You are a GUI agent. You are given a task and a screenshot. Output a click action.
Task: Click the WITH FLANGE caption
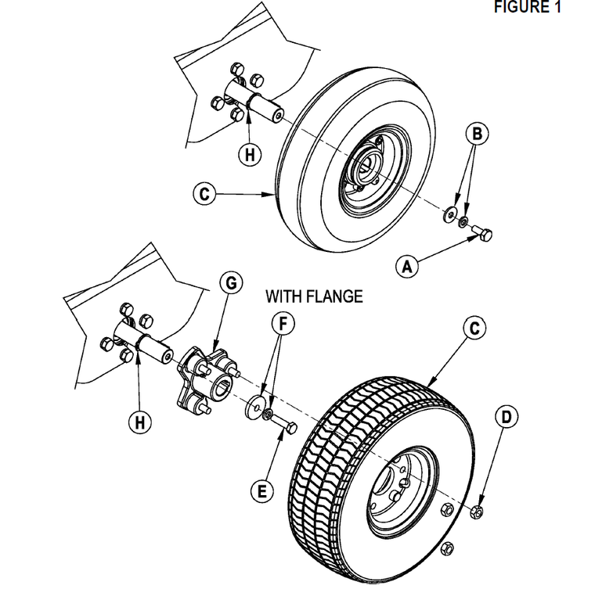click(x=314, y=296)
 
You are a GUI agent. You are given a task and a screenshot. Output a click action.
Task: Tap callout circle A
click(x=406, y=266)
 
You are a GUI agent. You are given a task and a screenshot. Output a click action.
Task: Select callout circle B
click(x=478, y=133)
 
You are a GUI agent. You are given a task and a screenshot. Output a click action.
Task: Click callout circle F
click(x=283, y=322)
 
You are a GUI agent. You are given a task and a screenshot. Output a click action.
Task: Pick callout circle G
click(x=231, y=282)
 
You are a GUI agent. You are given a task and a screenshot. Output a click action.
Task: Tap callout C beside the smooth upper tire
click(x=204, y=193)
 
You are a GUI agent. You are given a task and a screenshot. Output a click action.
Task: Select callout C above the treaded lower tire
click(x=474, y=329)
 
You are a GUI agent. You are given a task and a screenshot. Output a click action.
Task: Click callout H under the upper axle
click(x=249, y=154)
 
